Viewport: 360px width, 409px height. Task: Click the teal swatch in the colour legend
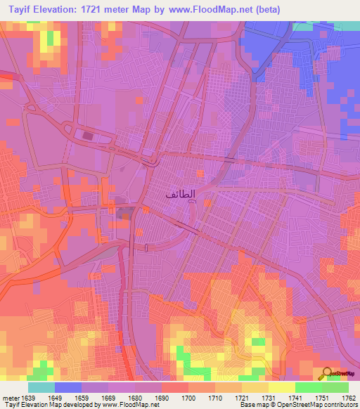41,387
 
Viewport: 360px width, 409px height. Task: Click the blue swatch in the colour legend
68,387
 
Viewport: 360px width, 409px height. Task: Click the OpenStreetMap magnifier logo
326,374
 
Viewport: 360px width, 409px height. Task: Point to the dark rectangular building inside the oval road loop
88,136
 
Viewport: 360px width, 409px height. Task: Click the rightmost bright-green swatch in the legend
335,387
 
